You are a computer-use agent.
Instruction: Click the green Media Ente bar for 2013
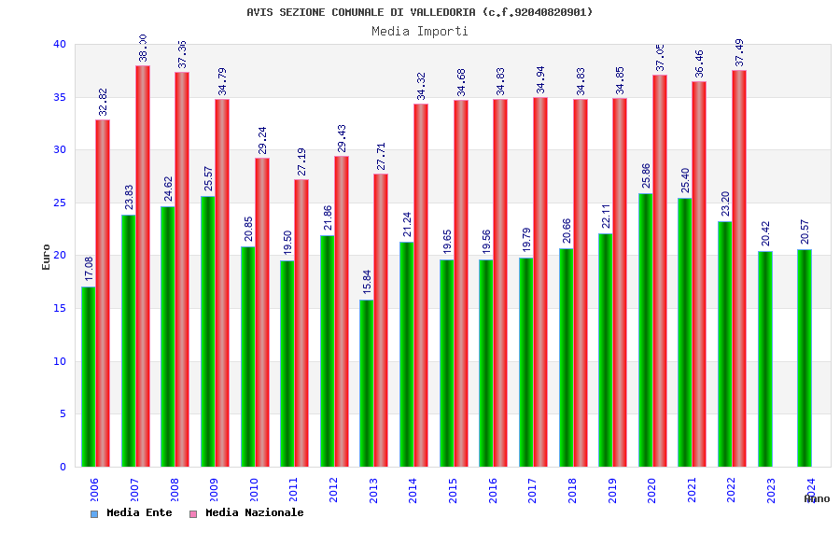point(367,383)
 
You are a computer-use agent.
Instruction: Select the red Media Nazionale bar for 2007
point(143,266)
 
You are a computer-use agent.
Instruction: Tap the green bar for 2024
point(805,357)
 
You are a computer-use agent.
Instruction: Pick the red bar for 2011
point(301,322)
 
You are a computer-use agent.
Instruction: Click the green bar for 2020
point(646,329)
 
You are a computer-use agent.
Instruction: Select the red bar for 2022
point(739,268)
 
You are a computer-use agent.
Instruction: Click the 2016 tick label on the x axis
point(493,490)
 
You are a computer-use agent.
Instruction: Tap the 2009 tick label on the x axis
point(215,490)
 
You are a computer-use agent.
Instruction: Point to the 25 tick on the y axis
point(60,203)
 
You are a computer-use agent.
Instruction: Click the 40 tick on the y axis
point(60,44)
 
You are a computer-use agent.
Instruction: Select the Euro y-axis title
point(47,257)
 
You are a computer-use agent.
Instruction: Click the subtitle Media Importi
point(420,31)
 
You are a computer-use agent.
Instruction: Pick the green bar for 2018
point(567,357)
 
